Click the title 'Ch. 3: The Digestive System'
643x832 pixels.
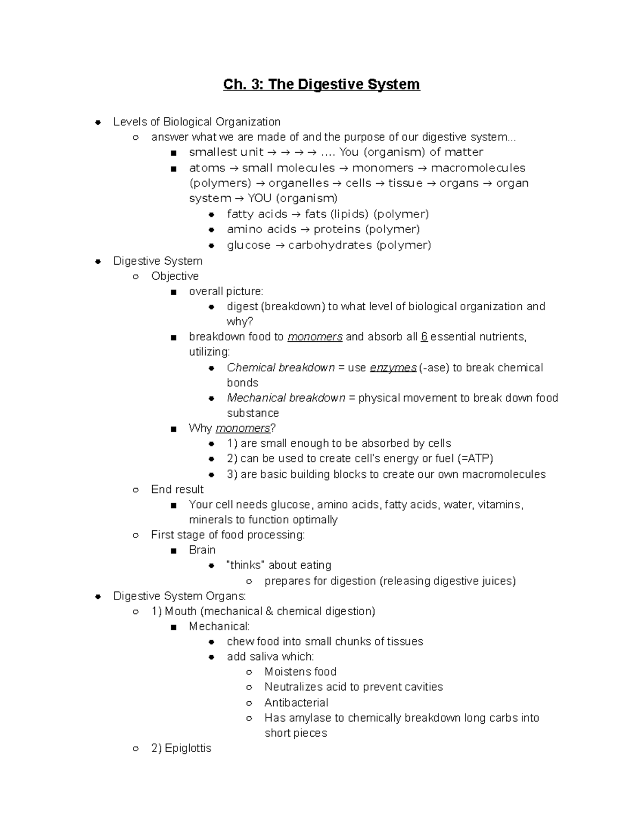[x=322, y=85]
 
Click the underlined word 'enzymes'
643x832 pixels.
[x=393, y=368]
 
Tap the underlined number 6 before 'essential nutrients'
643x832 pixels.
[x=424, y=336]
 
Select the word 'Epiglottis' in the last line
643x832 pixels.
[x=188, y=748]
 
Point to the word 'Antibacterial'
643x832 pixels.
[x=296, y=702]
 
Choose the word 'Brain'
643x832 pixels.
[x=202, y=550]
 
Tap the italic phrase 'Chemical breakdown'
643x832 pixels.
[x=280, y=368]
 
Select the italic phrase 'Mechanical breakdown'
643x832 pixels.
[x=286, y=398]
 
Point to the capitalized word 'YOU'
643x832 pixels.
[x=259, y=198]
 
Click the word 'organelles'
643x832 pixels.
[x=298, y=183]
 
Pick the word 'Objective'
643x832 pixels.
[x=175, y=276]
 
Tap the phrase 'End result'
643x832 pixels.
[x=177, y=489]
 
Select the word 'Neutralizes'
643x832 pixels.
[x=291, y=686]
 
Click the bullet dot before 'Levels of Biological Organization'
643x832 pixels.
[x=98, y=122]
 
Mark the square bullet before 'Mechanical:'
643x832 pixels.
[x=173, y=627]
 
